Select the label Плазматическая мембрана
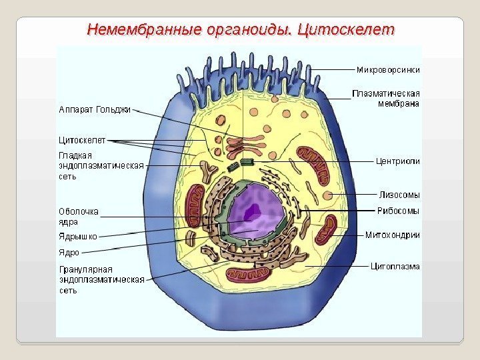[x=386, y=98]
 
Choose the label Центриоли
[x=398, y=161]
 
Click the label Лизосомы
[x=399, y=195]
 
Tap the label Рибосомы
[x=399, y=211]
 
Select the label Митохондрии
[x=393, y=235]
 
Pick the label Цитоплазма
[x=395, y=266]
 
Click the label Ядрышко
[x=79, y=236]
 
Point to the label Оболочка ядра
[x=79, y=217]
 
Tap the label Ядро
[x=69, y=253]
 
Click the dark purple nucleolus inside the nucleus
[x=253, y=211]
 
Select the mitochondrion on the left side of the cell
[x=195, y=205]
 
